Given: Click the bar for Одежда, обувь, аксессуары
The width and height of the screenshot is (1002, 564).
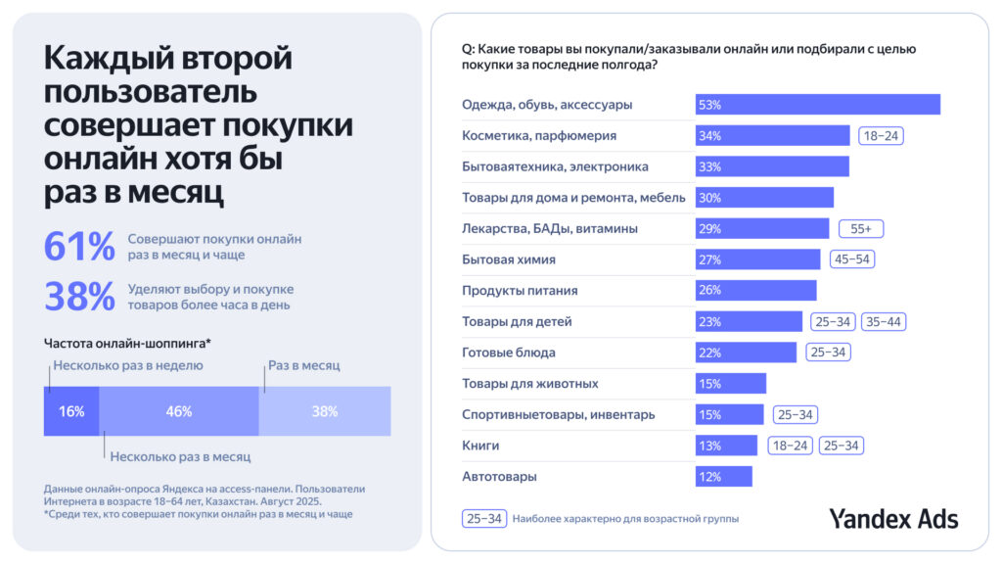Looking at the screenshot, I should [x=817, y=105].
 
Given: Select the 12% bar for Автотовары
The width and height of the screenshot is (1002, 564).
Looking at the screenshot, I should [x=723, y=477].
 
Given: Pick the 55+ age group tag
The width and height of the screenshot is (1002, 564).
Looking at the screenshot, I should [x=862, y=228].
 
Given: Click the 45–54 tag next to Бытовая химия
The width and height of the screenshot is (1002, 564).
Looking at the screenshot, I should [x=851, y=259].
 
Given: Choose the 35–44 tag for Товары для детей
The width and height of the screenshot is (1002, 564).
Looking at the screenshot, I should [x=884, y=321].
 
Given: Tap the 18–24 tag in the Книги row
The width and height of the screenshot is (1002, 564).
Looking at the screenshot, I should [x=791, y=446].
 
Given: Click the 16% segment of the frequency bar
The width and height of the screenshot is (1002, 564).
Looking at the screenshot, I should [x=71, y=411].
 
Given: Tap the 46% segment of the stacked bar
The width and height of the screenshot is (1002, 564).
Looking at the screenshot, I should [x=179, y=411].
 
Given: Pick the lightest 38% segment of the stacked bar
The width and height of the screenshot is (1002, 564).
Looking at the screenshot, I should [x=325, y=411].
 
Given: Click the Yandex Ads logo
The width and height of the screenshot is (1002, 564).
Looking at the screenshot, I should [x=893, y=518].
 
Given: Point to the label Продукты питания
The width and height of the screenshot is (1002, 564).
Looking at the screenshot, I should [x=520, y=291].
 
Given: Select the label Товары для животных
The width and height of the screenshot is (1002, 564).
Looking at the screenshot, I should [x=529, y=384].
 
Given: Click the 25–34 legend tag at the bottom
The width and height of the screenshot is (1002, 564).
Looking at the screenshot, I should [x=483, y=518].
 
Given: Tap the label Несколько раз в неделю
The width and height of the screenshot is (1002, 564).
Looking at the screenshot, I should [x=129, y=365].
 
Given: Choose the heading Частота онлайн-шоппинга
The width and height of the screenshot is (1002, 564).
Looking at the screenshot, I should [x=127, y=344].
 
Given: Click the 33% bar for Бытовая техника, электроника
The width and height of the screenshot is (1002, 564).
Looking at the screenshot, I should [x=771, y=166].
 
